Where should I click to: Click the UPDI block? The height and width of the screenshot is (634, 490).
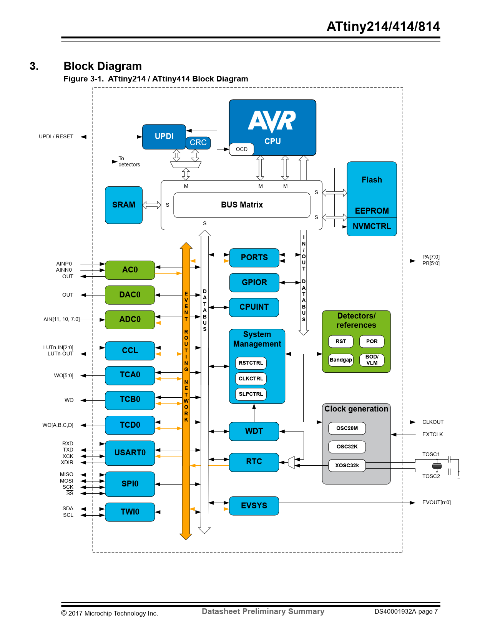[164, 136]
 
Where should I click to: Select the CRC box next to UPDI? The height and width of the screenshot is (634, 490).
[198, 143]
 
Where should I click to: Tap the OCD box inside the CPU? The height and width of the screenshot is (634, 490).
[242, 149]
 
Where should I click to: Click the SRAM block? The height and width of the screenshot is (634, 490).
[124, 205]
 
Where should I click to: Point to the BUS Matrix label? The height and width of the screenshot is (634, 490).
[242, 205]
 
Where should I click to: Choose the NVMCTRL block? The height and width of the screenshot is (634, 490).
[372, 226]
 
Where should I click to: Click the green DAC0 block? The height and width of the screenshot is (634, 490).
[130, 295]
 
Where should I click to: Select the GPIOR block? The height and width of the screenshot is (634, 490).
[254, 282]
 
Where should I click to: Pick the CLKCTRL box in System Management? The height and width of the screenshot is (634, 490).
[251, 378]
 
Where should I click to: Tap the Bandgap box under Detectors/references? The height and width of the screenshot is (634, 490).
[341, 360]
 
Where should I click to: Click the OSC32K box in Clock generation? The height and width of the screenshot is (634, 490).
[347, 446]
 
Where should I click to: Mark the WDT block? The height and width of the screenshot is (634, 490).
[254, 431]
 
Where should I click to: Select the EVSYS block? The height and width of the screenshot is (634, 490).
[254, 506]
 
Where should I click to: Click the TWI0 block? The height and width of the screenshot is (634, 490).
[130, 512]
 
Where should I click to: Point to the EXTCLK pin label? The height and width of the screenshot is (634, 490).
[432, 434]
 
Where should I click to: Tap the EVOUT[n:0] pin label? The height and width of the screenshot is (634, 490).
[436, 502]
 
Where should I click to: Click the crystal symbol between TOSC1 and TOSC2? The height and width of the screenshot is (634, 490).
[437, 466]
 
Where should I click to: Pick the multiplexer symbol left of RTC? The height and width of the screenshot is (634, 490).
[291, 462]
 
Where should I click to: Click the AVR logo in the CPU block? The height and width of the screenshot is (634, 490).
[272, 121]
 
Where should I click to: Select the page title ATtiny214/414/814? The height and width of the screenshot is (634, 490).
[383, 27]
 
